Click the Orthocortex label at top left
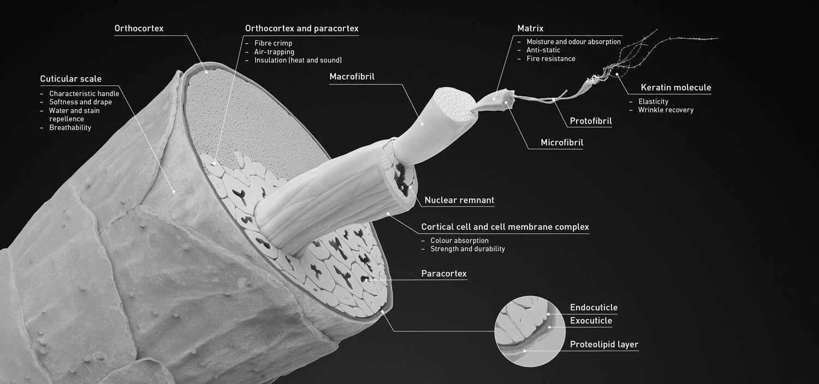(139, 28)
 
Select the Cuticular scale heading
(70, 79)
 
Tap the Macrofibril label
(352, 76)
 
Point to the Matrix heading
(530, 28)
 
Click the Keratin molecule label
(675, 87)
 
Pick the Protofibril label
(591, 121)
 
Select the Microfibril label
(562, 143)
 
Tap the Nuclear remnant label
(459, 200)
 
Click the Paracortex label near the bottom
(444, 274)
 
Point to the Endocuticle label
(594, 308)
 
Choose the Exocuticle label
(591, 321)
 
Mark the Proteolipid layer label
(604, 345)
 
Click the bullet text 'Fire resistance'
(550, 58)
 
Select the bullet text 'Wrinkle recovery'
(666, 110)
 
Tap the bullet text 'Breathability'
(70, 128)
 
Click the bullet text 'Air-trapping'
(274, 52)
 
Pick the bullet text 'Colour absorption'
(459, 240)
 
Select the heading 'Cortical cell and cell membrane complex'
(505, 227)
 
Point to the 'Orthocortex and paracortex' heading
(301, 28)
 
